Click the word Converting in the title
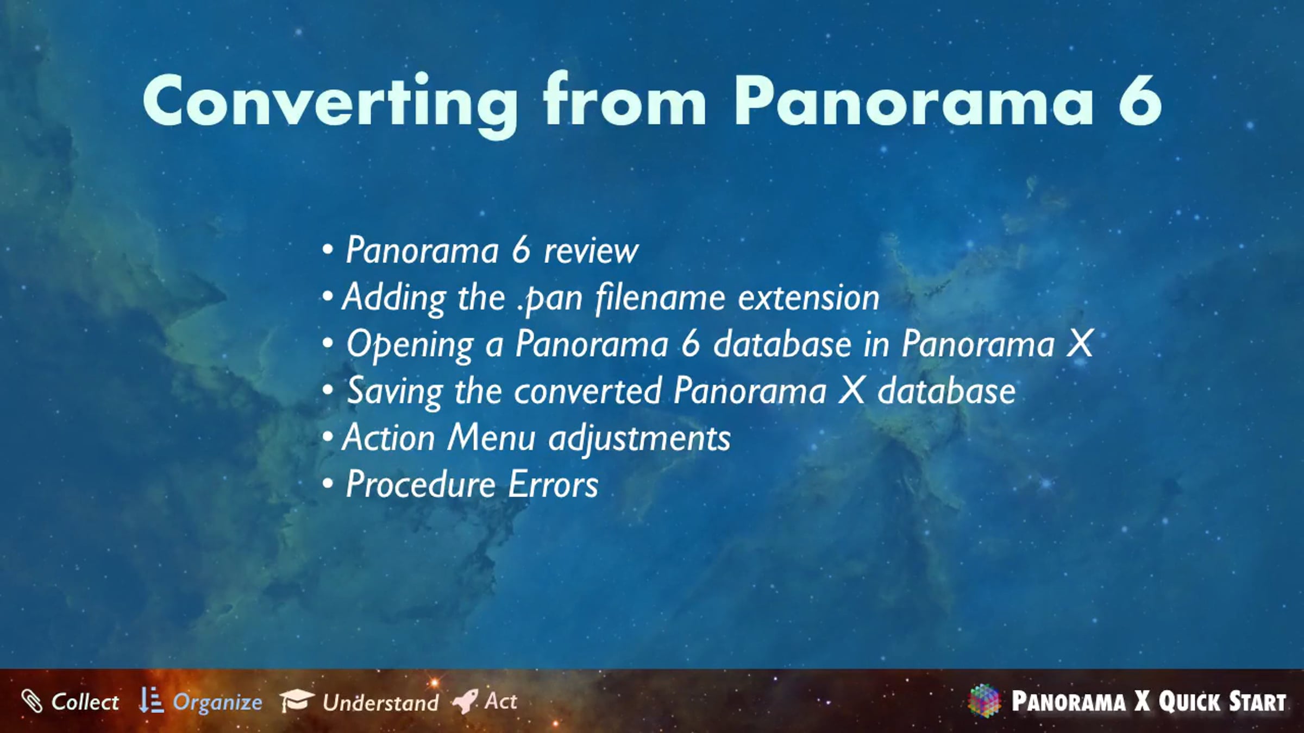330,103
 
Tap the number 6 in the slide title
1139,101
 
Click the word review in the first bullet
591,251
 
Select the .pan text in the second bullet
549,298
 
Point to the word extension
808,298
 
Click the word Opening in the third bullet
410,345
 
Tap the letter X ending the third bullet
1080,344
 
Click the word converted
588,391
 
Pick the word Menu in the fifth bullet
491,438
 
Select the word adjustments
640,439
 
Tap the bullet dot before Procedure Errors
327,483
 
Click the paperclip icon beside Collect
32,701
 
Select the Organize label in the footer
217,703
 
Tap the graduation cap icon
297,700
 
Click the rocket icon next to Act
465,702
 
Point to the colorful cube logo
984,700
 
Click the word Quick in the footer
1190,702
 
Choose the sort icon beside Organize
151,700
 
